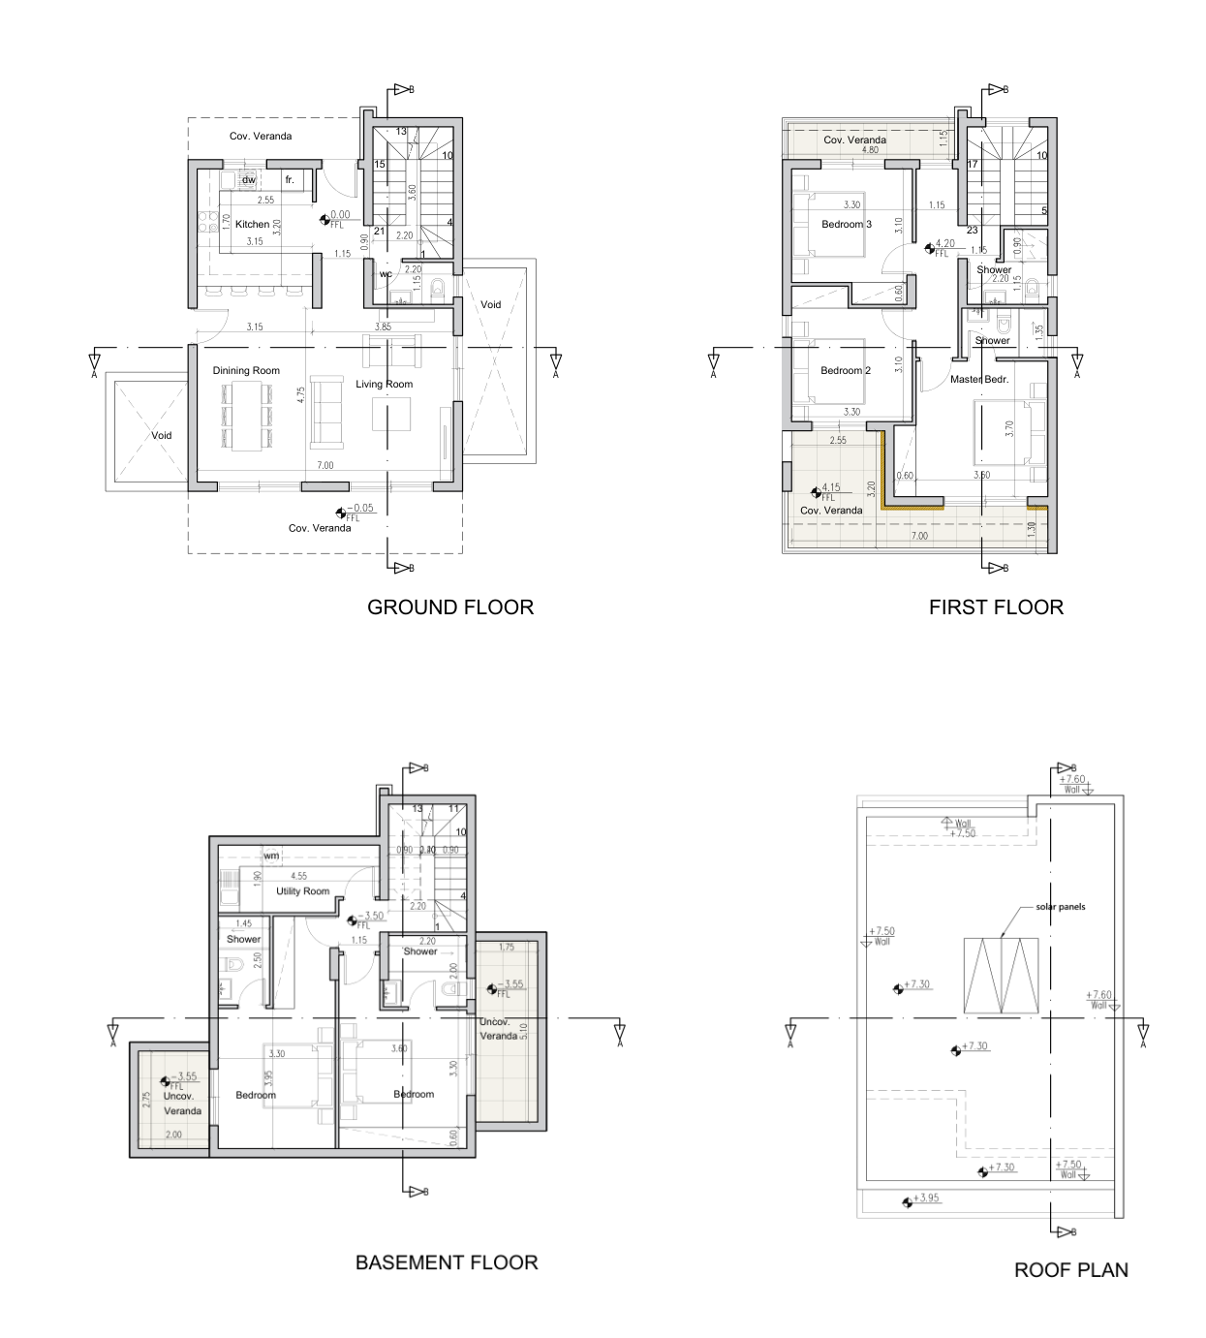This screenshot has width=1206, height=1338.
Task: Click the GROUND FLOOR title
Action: [450, 607]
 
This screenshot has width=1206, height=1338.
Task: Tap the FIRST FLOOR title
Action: [996, 607]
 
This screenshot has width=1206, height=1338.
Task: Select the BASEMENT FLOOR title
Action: [447, 1262]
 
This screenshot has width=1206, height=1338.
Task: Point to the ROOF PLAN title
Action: [1070, 1269]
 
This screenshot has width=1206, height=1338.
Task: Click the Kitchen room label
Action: [253, 225]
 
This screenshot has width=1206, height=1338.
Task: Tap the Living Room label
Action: [384, 385]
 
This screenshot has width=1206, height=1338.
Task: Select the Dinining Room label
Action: [246, 371]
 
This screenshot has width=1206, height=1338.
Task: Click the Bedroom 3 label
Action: [847, 225]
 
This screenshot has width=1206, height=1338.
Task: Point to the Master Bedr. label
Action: [979, 380]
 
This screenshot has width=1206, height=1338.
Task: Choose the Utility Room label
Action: [303, 891]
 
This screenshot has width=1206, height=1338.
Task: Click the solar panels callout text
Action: [1061, 908]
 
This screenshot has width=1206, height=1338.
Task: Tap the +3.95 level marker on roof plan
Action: [927, 1198]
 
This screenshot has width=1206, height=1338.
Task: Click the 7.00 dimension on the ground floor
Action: [325, 466]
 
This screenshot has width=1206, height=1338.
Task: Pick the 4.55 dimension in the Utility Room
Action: [298, 877]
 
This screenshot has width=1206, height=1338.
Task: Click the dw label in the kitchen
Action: [248, 180]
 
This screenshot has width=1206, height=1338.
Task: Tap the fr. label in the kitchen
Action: [289, 180]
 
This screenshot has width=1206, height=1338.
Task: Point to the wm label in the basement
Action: [271, 856]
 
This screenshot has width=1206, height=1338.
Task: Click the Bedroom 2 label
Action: [846, 371]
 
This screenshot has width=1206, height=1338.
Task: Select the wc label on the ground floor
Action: [386, 274]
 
